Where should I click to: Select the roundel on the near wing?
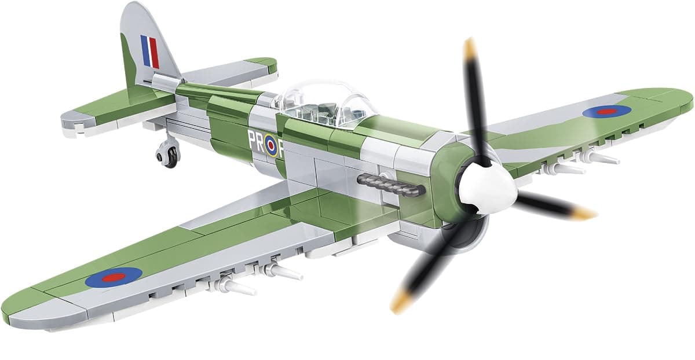[x=114, y=278]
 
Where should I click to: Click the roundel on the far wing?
[x=607, y=111]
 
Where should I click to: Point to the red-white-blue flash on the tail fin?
[x=149, y=51]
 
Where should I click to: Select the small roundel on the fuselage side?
[x=272, y=146]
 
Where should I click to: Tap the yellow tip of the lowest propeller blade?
[x=400, y=301]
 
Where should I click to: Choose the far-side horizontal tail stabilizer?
[x=243, y=69]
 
